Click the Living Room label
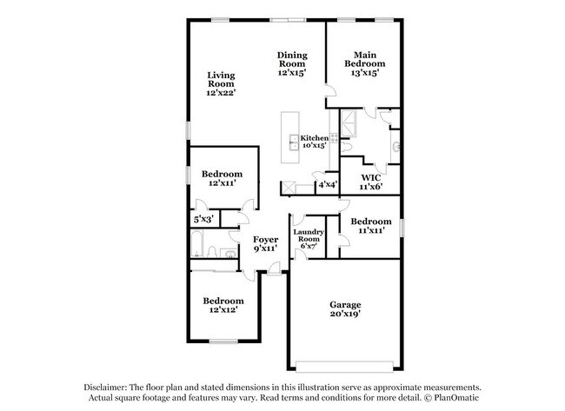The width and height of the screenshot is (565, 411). (x=221, y=83)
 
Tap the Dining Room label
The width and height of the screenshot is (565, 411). (x=292, y=63)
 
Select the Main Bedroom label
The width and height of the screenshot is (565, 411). (x=365, y=63)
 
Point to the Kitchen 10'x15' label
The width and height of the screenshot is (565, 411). (x=314, y=142)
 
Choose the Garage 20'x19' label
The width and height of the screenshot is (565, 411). (x=345, y=309)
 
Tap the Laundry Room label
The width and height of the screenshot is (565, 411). (x=308, y=239)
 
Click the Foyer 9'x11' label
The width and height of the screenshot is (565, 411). (x=265, y=243)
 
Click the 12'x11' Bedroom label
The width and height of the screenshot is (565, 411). (x=222, y=179)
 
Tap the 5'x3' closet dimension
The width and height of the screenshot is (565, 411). (x=203, y=220)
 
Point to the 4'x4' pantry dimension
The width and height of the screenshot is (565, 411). (x=327, y=185)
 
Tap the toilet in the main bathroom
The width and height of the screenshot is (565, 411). (x=395, y=145)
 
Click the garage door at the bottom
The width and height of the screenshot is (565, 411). (x=344, y=363)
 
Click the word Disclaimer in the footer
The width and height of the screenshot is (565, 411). (x=105, y=388)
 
